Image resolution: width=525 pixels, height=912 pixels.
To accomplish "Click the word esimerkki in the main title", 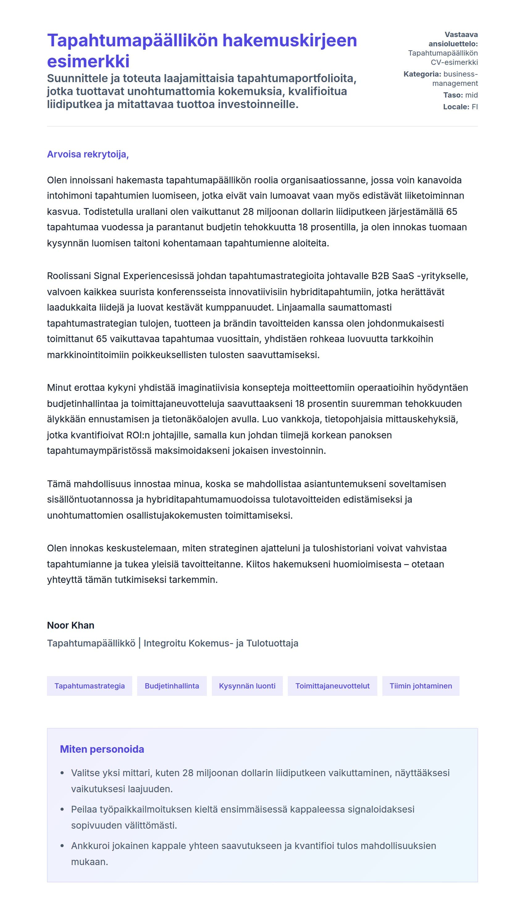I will pos(88,61).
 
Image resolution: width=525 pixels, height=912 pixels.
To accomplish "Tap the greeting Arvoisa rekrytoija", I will pos(88,154).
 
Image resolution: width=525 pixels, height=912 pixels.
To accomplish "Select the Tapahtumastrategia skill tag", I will pos(90,686).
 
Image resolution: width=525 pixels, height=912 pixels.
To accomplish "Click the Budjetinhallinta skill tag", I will pos(172,686).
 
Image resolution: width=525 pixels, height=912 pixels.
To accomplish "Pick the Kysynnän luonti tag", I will pos(247,686).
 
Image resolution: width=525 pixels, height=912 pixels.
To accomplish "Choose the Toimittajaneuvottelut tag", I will pos(332,686).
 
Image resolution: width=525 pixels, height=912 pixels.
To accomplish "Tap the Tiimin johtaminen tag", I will pos(420,686).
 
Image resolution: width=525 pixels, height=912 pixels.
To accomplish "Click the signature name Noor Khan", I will pos(71,625).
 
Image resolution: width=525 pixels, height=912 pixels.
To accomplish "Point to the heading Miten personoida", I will pos(102,749).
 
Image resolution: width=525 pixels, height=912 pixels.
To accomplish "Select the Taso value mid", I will pos(471,95).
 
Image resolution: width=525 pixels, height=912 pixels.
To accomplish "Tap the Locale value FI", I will pos(475,107).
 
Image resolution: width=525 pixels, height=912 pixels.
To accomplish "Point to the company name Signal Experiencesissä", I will pos(144,276).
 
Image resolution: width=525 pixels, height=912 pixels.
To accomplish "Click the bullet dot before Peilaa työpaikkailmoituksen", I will pos(62,809).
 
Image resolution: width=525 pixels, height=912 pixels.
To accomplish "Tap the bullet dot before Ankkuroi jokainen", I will pos(62,846).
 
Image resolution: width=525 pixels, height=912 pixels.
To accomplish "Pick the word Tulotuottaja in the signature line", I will pos(272,643).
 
